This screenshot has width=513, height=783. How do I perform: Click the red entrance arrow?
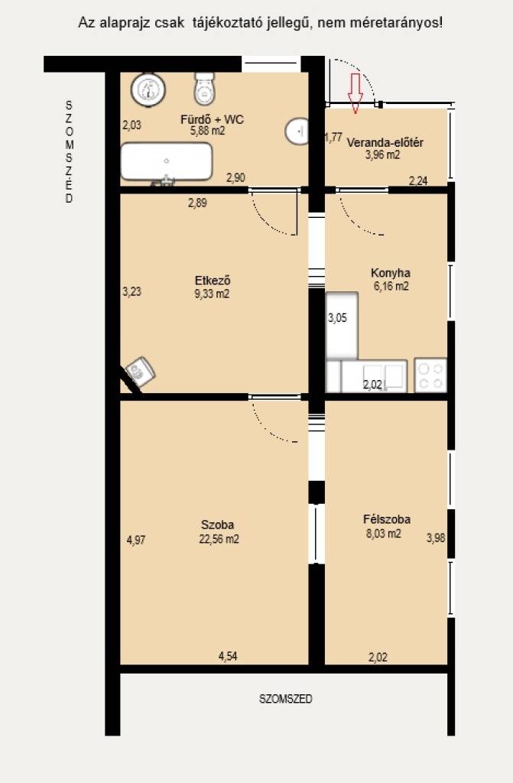(x=356, y=93)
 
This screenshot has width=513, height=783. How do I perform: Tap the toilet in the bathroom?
(x=204, y=89)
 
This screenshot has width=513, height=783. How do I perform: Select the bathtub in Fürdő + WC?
(x=167, y=162)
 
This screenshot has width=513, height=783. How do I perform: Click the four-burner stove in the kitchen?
(x=430, y=375)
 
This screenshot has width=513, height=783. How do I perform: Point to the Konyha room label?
(x=391, y=273)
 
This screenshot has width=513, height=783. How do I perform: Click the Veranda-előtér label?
(x=385, y=143)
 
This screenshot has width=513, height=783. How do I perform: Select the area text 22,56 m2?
(x=219, y=539)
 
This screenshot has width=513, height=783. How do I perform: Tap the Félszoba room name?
(x=387, y=519)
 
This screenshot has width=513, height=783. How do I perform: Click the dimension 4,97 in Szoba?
(x=136, y=541)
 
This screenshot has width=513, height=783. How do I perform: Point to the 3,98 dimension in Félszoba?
(x=436, y=538)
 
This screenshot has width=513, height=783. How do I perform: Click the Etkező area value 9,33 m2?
(x=212, y=294)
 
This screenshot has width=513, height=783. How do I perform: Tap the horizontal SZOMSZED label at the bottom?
(x=285, y=699)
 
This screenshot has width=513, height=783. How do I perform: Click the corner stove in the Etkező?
(x=141, y=371)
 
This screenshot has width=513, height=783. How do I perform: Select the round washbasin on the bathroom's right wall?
(x=297, y=132)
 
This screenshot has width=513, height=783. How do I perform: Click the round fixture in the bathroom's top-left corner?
(x=148, y=90)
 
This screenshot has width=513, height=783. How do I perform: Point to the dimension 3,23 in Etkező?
(x=131, y=291)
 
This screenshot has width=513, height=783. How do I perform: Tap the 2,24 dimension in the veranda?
(x=418, y=181)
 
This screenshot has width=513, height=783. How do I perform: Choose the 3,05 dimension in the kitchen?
(x=337, y=318)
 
